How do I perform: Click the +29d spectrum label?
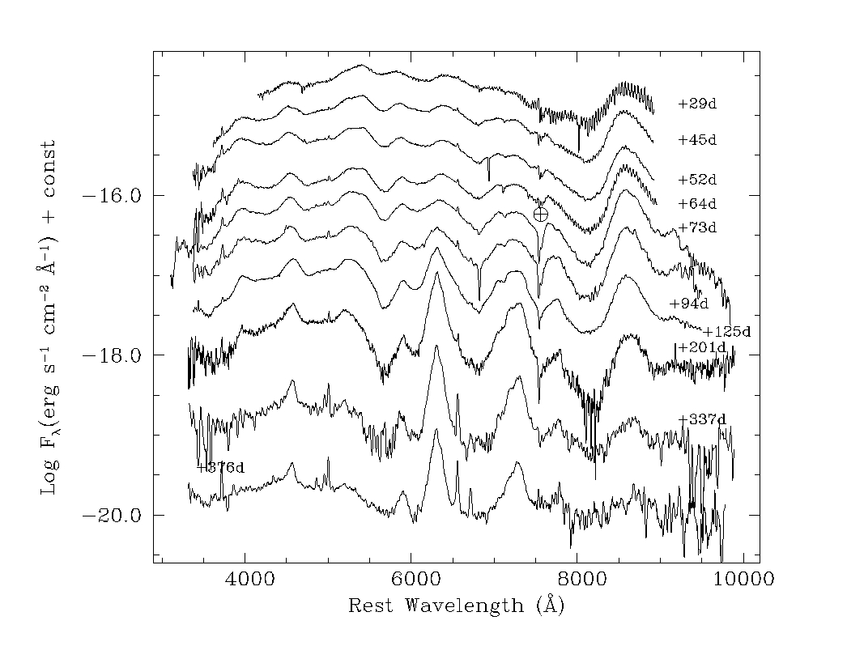[697, 104]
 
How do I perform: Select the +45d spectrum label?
[697, 140]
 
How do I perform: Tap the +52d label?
[697, 179]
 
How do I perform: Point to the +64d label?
[697, 203]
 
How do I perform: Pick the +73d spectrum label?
[697, 227]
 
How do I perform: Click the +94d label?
[688, 304]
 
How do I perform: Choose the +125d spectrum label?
[726, 331]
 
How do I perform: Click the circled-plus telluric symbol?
[541, 214]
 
